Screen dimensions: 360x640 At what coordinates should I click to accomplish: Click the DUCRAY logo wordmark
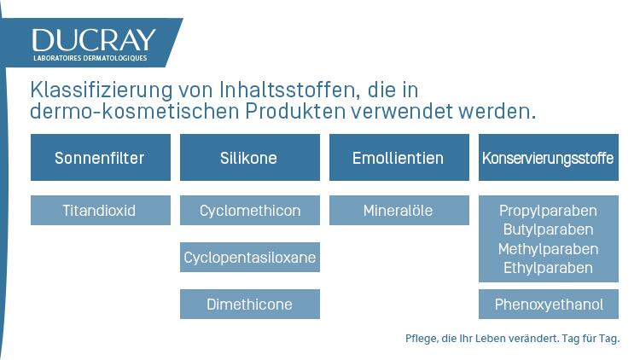[x=94, y=40]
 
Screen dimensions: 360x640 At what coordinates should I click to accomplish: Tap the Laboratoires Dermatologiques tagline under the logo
[x=90, y=58]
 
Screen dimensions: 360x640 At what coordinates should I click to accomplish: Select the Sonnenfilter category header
[x=100, y=158]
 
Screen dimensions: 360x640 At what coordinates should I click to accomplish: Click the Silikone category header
[x=249, y=158]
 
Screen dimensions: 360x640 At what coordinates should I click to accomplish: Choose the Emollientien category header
[x=399, y=158]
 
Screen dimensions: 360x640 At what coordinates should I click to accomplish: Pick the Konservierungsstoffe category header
[x=548, y=158]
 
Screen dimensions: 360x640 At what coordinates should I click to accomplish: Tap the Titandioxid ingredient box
[x=100, y=211]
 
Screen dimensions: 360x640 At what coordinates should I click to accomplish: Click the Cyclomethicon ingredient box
[x=249, y=211]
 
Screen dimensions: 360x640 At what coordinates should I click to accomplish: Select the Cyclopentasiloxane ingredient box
[x=249, y=258]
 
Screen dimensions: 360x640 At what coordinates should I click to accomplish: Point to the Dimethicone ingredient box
[x=249, y=305]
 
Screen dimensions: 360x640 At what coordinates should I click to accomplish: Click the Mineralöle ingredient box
[x=399, y=211]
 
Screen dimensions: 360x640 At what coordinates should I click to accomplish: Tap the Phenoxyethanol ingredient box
[x=548, y=305]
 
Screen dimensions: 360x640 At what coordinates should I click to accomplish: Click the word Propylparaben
[x=548, y=211]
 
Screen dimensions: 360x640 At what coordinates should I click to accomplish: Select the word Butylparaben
[x=548, y=229]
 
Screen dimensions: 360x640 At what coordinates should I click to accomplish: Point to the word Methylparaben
[x=548, y=249]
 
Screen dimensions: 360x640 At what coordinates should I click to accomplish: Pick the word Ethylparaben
[x=548, y=268]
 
